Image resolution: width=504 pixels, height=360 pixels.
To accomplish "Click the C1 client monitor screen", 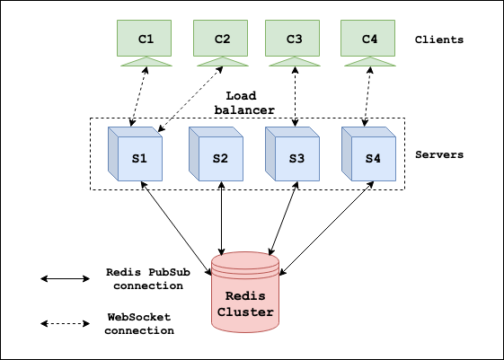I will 146,39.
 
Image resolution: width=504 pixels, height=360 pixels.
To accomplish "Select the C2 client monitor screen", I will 222,39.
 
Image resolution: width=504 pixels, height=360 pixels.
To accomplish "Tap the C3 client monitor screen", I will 294,39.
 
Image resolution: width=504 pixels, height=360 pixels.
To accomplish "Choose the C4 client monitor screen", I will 368,39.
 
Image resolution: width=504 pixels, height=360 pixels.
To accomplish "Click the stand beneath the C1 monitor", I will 146,62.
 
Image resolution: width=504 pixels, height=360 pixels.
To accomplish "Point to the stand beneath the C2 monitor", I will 222,62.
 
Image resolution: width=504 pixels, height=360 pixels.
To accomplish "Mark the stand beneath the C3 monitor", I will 294,62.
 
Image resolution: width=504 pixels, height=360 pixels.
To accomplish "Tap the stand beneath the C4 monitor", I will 368,62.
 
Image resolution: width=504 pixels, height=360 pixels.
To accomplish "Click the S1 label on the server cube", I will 139,159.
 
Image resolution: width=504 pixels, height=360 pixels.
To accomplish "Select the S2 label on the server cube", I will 220,159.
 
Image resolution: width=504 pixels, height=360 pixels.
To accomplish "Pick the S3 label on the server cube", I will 296,159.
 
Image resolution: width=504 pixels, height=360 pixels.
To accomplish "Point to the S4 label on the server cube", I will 373,159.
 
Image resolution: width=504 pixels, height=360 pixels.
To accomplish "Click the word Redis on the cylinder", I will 245,296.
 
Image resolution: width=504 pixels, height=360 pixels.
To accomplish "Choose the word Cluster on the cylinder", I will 245,313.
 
